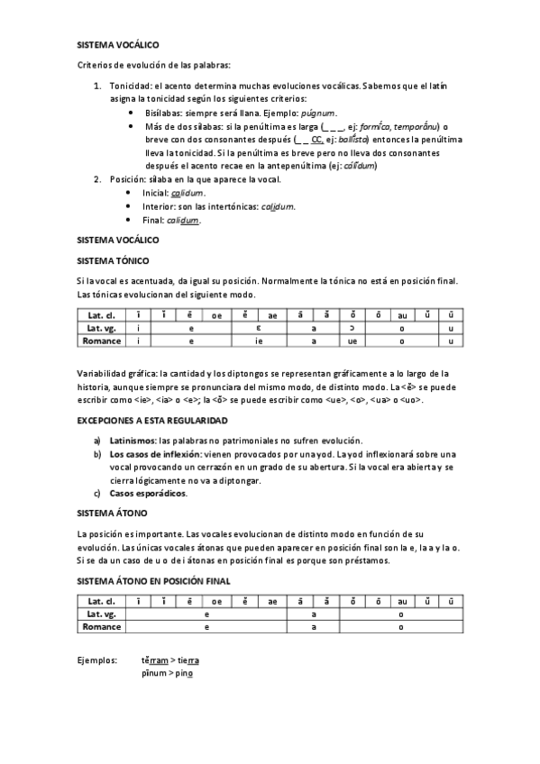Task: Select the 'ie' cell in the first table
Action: tap(258, 341)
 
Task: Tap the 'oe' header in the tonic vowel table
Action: tap(217, 314)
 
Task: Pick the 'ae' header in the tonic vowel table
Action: tap(273, 314)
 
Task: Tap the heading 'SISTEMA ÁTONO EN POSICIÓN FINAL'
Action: tap(154, 580)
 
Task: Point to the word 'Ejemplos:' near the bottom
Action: tap(96, 660)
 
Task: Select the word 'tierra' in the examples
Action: tap(189, 660)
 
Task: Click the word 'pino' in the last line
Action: tap(184, 673)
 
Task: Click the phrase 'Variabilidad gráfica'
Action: tap(116, 372)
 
